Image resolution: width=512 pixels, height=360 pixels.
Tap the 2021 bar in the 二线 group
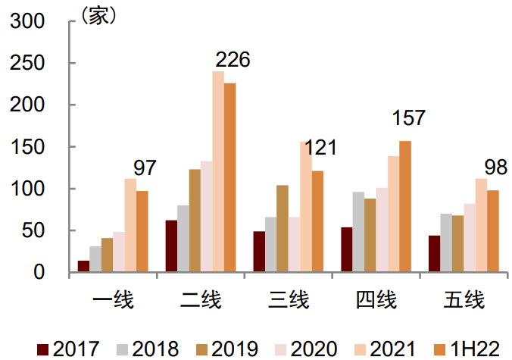(x=218, y=171)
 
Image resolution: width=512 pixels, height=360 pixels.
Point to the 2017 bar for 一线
(x=83, y=266)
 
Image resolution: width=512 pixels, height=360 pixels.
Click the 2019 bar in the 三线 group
(x=283, y=228)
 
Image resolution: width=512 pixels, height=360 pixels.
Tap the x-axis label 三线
(x=289, y=300)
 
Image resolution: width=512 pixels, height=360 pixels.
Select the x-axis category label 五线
(x=464, y=300)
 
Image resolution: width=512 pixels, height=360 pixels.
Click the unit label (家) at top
(x=98, y=16)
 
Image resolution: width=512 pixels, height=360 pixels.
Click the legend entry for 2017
(x=68, y=349)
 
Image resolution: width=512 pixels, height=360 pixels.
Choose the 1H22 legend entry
(x=463, y=349)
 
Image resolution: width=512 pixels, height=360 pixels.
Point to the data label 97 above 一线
(x=144, y=168)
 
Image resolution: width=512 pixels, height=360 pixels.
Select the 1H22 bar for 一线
(x=142, y=231)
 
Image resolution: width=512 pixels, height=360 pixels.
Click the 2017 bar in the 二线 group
(x=171, y=246)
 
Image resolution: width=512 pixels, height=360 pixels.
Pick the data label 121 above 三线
(x=320, y=148)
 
